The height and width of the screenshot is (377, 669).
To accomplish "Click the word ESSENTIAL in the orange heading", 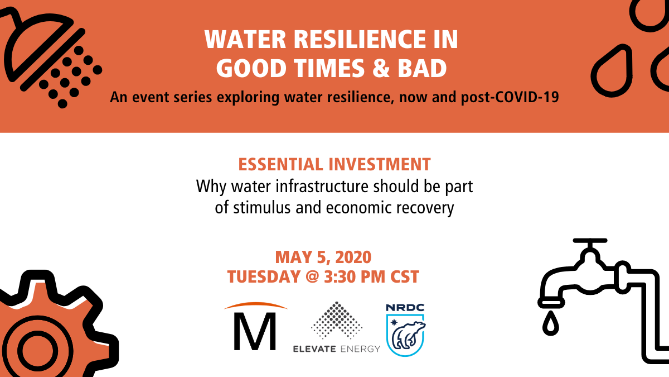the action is tap(281, 164).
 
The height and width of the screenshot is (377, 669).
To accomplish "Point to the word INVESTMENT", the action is tap(380, 164).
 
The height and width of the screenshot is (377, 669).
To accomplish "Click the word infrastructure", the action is tap(322, 186).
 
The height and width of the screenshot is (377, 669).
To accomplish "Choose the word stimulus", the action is tap(262, 208).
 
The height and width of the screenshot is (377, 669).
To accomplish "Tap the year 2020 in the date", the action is tap(353, 257).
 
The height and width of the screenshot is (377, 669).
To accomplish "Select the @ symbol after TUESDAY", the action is tap(312, 277).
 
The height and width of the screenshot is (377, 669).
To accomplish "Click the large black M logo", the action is tap(255, 331).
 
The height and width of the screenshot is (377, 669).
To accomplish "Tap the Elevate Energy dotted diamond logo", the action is tap(337, 320).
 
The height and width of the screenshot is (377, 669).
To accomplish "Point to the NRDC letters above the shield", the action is tap(405, 308).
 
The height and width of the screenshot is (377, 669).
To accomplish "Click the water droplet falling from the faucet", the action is tap(550, 323).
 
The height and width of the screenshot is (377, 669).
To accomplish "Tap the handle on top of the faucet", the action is tap(590, 241).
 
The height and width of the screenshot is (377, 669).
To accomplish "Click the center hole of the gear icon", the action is tap(38, 351).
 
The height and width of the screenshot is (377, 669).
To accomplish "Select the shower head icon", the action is tap(51, 57).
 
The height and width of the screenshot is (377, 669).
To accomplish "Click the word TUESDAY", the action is tap(264, 276).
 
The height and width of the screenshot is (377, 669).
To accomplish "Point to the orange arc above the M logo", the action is tap(256, 305).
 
